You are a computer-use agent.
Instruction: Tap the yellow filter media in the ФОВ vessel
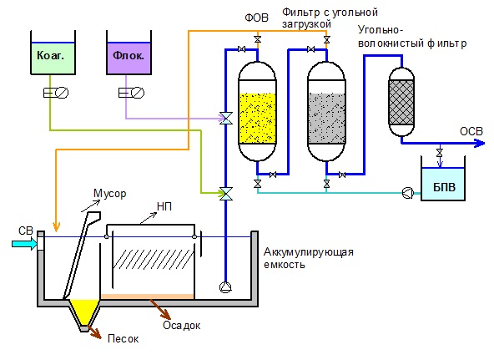tap(257, 118)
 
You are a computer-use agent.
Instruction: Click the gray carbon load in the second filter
tap(326, 118)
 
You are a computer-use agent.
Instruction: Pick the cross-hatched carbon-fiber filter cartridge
tap(401, 102)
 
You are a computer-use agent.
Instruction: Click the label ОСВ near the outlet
tap(471, 131)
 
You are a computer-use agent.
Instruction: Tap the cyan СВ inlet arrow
tap(24, 244)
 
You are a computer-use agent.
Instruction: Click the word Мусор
tap(110, 194)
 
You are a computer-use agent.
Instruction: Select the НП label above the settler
tap(164, 206)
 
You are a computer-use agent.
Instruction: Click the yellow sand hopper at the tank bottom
tap(84, 312)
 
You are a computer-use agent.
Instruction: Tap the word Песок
tap(123, 338)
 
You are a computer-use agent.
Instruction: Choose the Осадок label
tap(181, 325)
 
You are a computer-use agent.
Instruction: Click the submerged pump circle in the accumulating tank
tap(225, 287)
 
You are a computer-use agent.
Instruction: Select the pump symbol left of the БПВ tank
tap(408, 193)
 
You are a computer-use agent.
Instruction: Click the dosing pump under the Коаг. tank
tap(56, 93)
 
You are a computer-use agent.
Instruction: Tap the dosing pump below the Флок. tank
tap(131, 93)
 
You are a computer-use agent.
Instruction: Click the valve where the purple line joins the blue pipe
tap(226, 119)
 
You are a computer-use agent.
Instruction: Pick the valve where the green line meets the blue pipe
tap(226, 194)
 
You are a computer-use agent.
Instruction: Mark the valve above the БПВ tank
tap(440, 153)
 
